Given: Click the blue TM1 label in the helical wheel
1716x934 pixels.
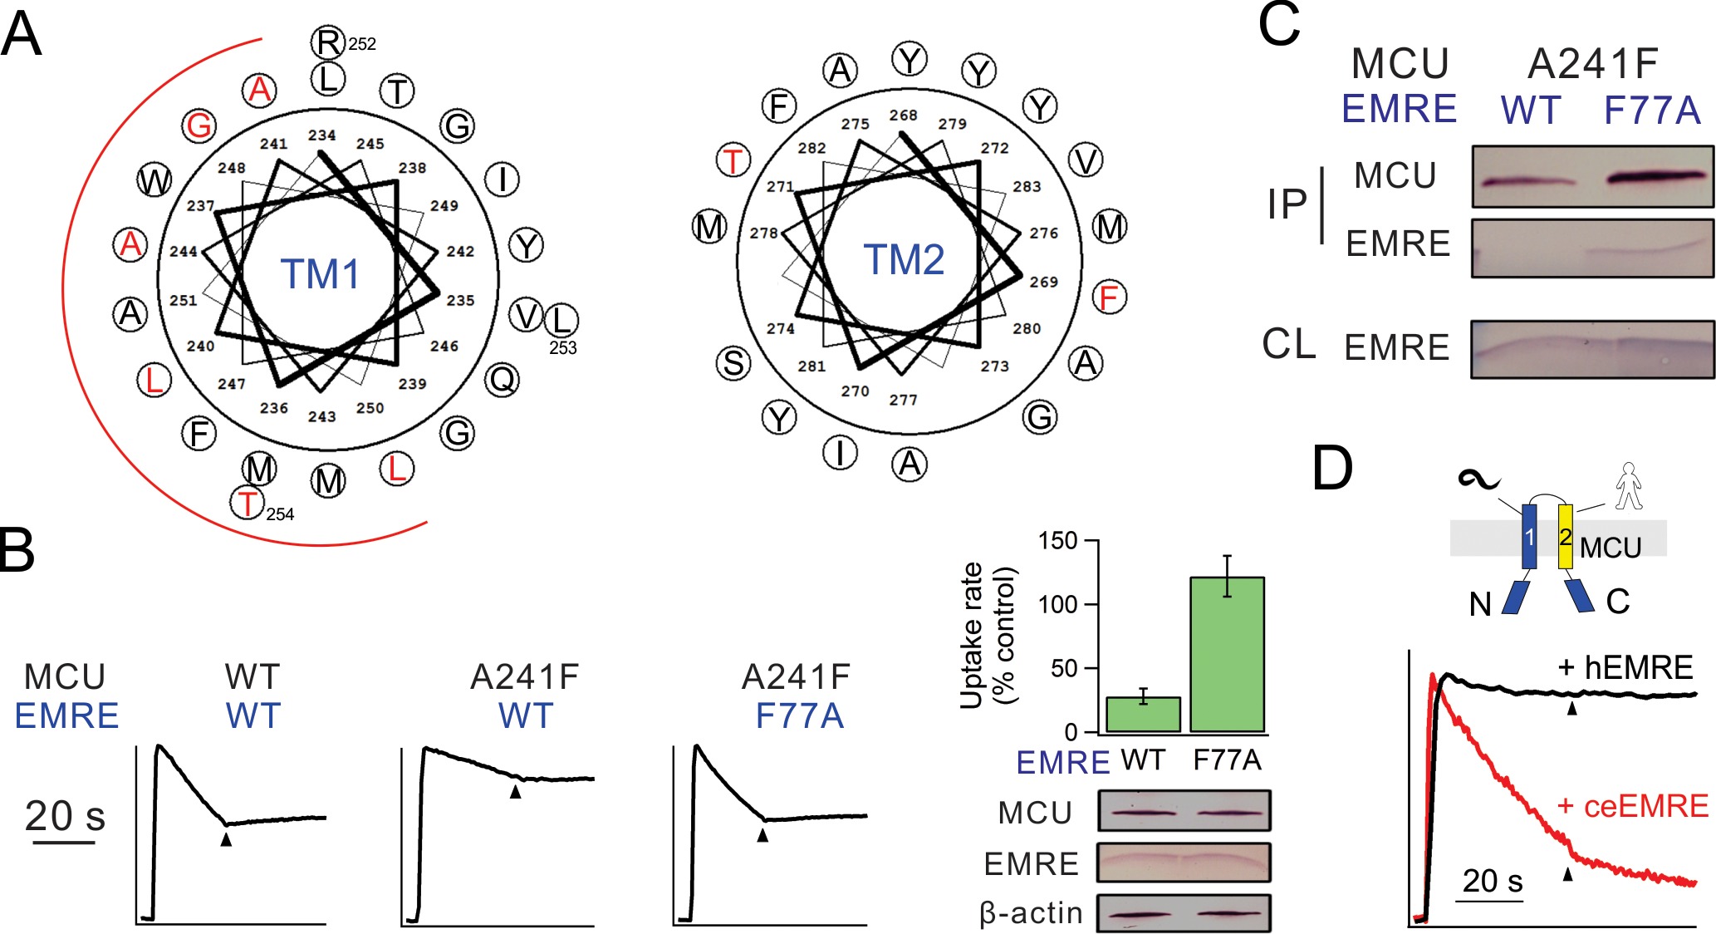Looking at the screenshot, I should pos(320,274).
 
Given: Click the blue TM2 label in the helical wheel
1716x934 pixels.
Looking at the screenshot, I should pos(904,260).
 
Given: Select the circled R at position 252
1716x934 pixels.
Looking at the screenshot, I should pos(328,42).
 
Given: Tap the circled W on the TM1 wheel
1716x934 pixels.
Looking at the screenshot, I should pos(154,180).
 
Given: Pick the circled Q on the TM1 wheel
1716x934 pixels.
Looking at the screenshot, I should pos(503,380).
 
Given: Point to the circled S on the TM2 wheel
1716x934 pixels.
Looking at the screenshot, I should pos(733,363).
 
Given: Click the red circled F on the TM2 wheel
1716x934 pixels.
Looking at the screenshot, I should pos(1109,297).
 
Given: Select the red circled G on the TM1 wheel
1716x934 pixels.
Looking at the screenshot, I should pos(199,125).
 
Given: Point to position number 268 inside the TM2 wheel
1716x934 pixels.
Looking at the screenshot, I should pos(903,116).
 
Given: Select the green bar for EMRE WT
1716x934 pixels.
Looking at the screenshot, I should pos(1144,715).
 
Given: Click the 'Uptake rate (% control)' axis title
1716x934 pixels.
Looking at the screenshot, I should pos(988,636).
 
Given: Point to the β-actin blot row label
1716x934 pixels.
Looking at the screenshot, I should pos(1031,913).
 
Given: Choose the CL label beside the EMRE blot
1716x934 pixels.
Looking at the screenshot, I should pos(1288,344).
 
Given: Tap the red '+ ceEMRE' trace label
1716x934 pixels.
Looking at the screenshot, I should pos(1632,806).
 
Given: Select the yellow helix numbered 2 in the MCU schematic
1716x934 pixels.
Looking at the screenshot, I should pos(1565,537).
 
